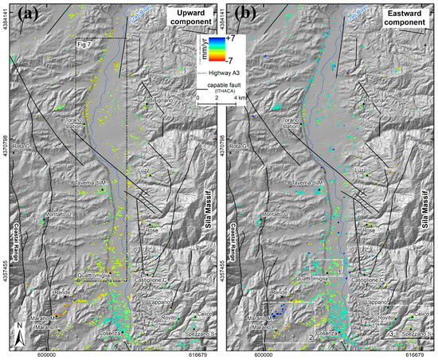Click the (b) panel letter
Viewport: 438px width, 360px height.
[241, 14]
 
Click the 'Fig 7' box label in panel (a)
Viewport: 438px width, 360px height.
[88, 44]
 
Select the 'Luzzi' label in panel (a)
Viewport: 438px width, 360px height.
[144, 170]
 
